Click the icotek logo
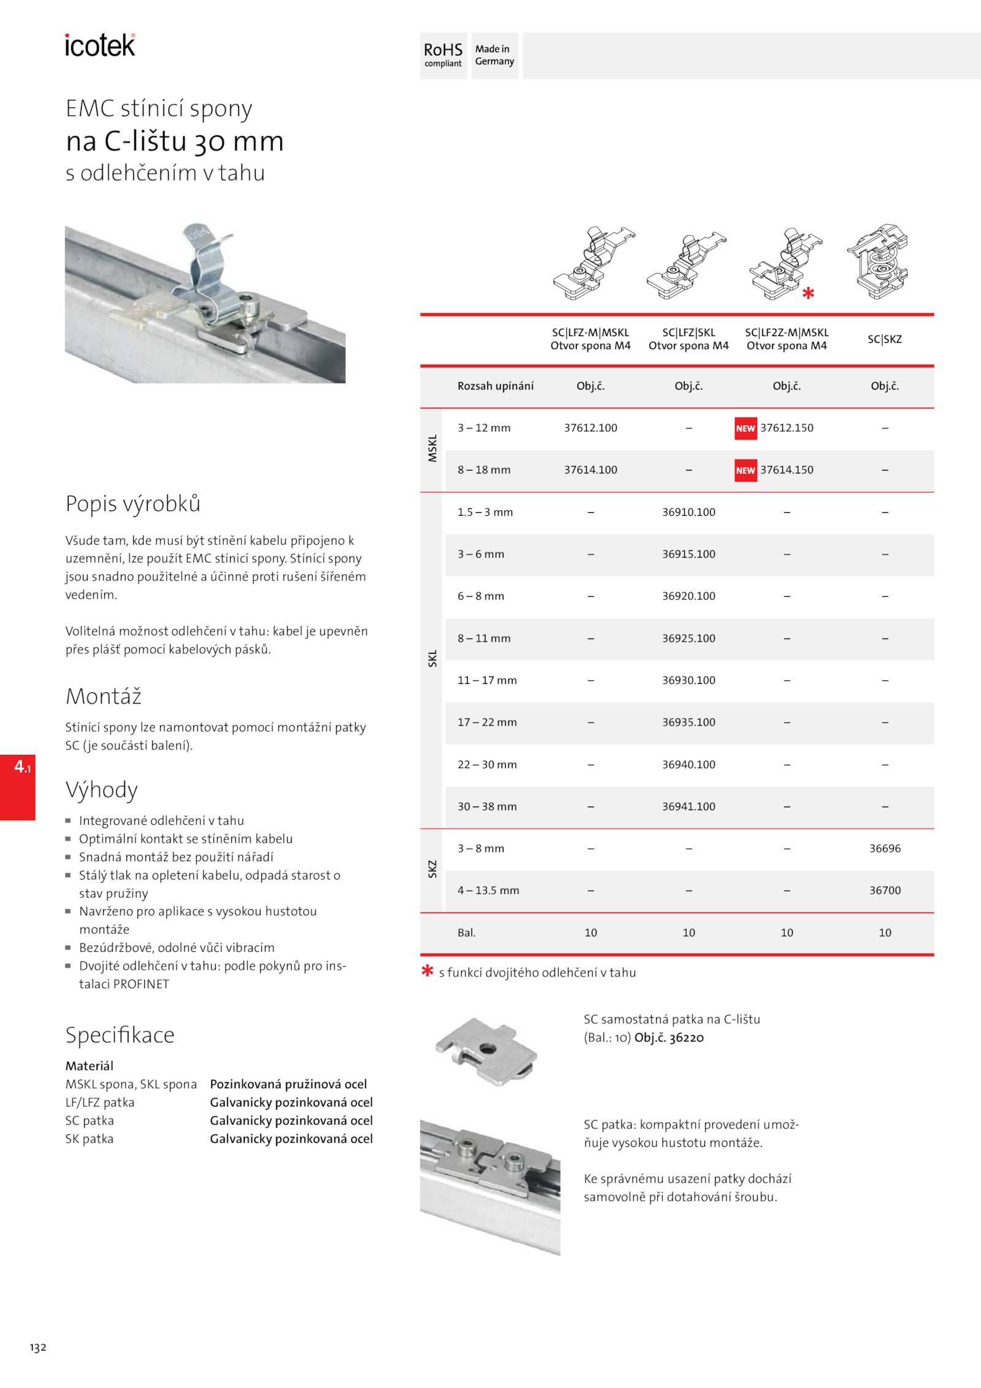(x=100, y=45)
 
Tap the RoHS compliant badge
(x=443, y=55)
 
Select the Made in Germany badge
(x=494, y=55)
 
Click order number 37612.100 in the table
(x=590, y=428)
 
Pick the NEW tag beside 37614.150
(x=746, y=470)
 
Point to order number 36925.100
(x=689, y=638)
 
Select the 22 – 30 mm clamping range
(x=487, y=765)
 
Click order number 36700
(x=885, y=891)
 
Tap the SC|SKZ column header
(x=885, y=339)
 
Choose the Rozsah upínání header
(x=495, y=386)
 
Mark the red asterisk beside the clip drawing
(x=809, y=293)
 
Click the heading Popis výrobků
(x=133, y=504)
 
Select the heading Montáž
(x=104, y=697)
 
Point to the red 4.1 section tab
(x=18, y=786)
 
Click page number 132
(x=38, y=1348)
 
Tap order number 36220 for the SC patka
(x=686, y=1038)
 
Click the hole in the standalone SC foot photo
(x=487, y=1049)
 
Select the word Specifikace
(x=120, y=1035)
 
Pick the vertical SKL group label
(x=432, y=659)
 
